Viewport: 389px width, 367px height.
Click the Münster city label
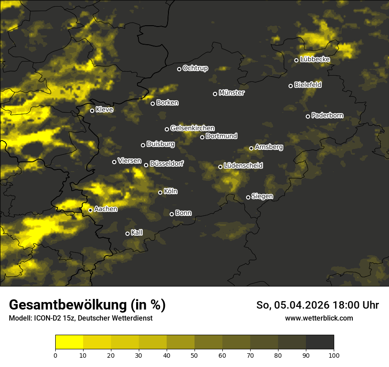click(232, 93)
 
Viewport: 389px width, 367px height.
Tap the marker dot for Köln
click(160, 192)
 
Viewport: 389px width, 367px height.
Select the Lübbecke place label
click(315, 59)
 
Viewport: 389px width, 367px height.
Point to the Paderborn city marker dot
click(308, 116)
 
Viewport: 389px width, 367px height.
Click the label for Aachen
click(106, 209)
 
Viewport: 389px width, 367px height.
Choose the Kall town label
click(137, 233)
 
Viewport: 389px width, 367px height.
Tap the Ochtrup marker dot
click(179, 69)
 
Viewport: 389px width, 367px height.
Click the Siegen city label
click(262, 196)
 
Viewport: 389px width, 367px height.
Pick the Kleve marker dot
click(92, 111)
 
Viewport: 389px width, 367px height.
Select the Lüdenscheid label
click(243, 166)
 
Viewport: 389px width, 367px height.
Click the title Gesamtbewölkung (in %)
click(87, 305)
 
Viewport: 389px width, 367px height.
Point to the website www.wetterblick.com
click(319, 318)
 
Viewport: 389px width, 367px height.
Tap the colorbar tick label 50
click(194, 355)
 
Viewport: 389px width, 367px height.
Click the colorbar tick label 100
click(334, 355)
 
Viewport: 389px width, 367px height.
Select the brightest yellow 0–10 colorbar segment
click(69, 342)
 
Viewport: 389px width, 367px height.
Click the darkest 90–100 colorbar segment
click(320, 342)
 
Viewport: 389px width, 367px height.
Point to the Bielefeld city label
click(308, 85)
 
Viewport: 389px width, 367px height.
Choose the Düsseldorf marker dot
click(146, 165)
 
